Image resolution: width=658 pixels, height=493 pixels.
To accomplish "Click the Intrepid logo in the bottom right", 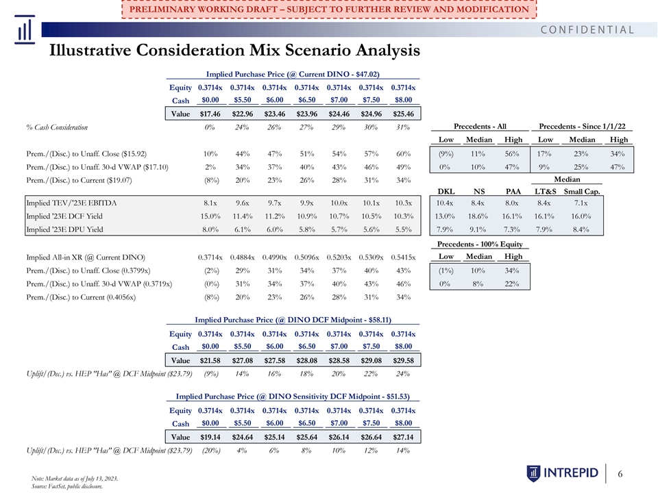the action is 562,473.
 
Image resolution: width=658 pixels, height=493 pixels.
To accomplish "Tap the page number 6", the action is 620,474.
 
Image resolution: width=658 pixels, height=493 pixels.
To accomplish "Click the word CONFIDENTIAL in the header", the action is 587,29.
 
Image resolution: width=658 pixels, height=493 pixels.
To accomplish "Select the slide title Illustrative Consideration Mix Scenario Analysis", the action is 234,50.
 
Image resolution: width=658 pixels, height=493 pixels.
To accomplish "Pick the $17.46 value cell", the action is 210,114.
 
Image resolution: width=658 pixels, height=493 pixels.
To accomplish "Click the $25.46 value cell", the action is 403,114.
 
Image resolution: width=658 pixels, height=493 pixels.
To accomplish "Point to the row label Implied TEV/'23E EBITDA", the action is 71,203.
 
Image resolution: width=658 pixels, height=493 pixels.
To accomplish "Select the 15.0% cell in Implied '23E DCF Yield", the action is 210,216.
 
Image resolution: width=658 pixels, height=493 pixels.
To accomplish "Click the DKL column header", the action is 446,192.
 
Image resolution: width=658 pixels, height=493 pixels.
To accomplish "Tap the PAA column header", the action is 513,192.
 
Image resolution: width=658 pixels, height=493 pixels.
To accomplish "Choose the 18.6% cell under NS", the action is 478,216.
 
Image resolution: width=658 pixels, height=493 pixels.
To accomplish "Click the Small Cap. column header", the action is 582,192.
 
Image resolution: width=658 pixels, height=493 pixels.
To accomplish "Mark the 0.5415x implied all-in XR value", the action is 403,257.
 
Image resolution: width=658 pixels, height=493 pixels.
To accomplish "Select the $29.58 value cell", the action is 403,361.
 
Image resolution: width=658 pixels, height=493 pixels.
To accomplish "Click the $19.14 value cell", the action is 210,437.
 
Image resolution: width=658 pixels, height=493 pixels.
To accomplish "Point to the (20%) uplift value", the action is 210,451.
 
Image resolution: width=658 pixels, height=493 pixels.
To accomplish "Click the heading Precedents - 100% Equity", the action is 480,244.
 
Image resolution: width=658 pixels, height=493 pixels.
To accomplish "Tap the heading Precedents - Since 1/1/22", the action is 582,126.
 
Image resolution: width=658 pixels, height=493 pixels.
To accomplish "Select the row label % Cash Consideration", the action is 57,127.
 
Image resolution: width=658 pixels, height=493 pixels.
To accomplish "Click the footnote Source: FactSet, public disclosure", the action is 67,486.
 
